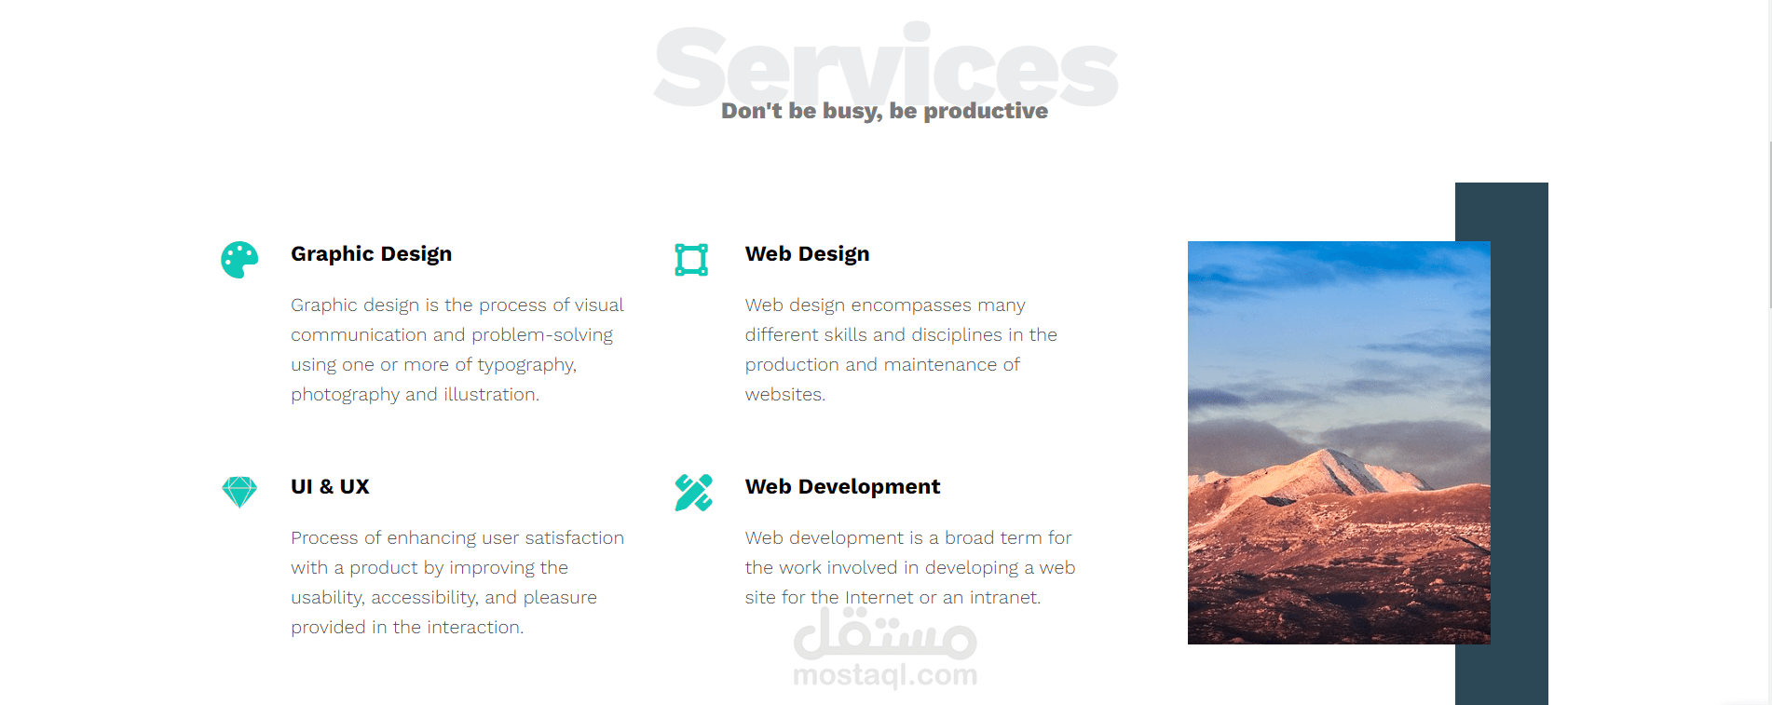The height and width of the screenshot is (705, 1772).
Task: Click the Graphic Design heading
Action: coord(371,254)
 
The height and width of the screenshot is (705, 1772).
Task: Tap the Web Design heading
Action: coord(807,254)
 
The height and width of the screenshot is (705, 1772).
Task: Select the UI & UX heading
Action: coord(330,486)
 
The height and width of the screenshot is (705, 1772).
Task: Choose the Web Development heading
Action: coord(842,487)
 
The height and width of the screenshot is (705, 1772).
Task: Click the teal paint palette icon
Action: coord(239,260)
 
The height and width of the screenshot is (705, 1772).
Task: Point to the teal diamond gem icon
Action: coord(239,492)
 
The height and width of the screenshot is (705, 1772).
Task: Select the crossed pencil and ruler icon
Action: coord(693,493)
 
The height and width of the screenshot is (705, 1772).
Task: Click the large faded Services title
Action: coord(885,65)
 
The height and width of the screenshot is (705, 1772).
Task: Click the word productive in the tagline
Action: coord(986,111)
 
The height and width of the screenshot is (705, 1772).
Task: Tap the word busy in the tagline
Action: coord(852,112)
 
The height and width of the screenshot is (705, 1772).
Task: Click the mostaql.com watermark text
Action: coord(885,674)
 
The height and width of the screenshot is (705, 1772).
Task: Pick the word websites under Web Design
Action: coord(785,394)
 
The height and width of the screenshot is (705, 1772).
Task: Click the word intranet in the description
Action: coord(1005,597)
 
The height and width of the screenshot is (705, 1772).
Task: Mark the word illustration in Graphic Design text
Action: coord(492,394)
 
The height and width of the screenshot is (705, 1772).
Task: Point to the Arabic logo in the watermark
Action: coord(885,633)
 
